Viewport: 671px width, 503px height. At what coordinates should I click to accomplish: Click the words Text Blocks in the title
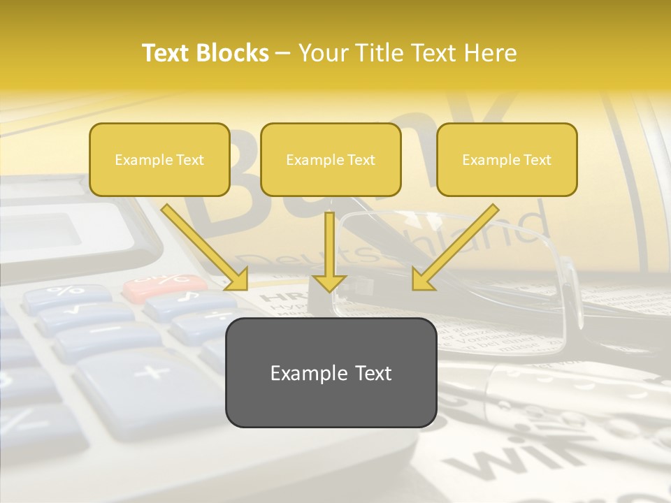(x=205, y=53)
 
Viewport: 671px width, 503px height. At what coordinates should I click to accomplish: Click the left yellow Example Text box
(x=159, y=159)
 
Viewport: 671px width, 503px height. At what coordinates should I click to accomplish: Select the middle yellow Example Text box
(x=331, y=159)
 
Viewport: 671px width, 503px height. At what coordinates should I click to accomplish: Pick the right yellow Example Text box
(x=507, y=159)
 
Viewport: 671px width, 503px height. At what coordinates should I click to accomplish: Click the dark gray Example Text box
(x=331, y=372)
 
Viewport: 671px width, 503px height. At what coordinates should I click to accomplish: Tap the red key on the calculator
(x=165, y=282)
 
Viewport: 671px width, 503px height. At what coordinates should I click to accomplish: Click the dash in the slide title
(x=283, y=53)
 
